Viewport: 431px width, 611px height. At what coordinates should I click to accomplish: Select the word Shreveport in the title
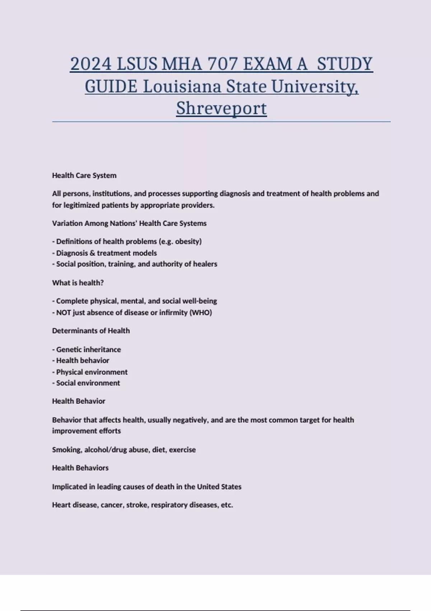(x=221, y=108)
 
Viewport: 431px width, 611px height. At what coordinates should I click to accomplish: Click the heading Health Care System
(x=84, y=175)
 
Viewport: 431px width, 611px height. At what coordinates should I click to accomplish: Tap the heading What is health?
(x=78, y=283)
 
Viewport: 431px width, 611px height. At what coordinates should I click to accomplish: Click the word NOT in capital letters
(x=64, y=313)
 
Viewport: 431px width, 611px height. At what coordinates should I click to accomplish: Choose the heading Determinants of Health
(x=91, y=331)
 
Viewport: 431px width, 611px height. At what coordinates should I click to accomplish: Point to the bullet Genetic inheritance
(x=88, y=349)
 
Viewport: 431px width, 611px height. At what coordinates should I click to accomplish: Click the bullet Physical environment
(x=92, y=372)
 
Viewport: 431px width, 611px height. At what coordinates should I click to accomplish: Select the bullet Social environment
(x=88, y=383)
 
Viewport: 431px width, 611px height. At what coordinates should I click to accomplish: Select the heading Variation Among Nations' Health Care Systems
(x=129, y=223)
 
